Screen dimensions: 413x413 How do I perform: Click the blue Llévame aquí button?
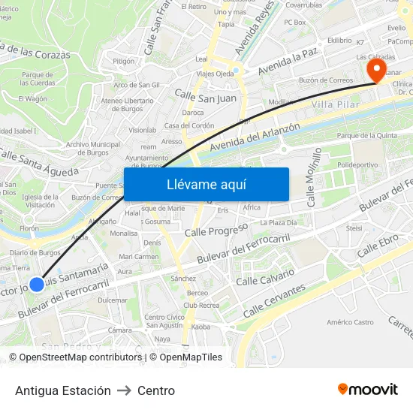click(206, 185)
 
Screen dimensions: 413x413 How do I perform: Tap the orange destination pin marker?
click(375, 71)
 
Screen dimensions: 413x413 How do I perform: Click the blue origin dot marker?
click(37, 285)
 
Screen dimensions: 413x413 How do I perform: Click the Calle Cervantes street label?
click(274, 300)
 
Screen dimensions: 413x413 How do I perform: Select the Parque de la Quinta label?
click(367, 136)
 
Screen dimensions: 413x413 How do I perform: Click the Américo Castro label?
click(351, 322)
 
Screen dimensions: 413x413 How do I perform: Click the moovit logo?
click(368, 389)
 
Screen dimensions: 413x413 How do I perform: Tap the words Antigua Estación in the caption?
click(63, 390)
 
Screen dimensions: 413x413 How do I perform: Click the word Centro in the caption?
click(156, 390)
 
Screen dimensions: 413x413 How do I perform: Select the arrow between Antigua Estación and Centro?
click(124, 390)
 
